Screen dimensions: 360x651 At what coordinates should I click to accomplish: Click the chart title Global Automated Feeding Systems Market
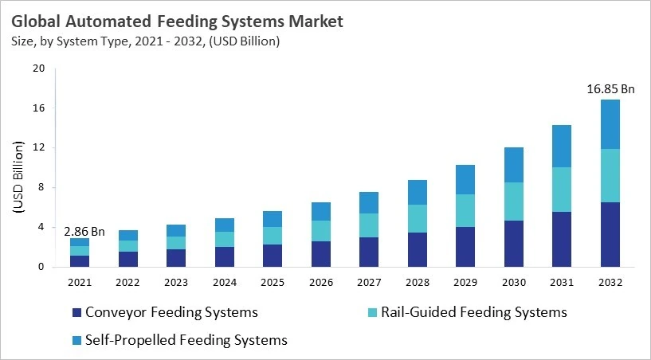[178, 22]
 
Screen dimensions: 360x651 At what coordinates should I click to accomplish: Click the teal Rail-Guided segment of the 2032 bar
[609, 175]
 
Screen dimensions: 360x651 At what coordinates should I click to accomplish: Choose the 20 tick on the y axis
[38, 68]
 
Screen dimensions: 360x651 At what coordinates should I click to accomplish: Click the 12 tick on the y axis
[38, 148]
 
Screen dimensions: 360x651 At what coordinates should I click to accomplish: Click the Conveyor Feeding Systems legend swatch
[76, 312]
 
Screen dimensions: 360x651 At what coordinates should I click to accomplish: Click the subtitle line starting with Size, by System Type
[145, 41]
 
